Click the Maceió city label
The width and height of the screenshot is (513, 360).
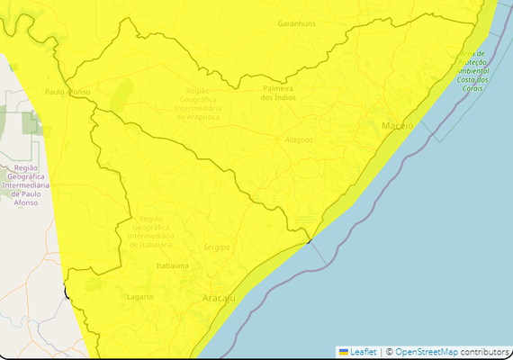point(397,125)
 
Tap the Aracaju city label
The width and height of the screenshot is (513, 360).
point(219,297)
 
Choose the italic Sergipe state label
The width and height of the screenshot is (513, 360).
point(217,246)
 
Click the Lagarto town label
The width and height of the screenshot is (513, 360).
point(139,296)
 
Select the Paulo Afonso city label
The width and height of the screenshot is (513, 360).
point(67,92)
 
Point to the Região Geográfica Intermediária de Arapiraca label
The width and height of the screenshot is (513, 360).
point(208,103)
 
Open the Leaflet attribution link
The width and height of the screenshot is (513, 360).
point(363,351)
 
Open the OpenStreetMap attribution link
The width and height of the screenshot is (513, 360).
point(427,351)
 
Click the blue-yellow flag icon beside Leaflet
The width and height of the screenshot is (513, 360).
point(343,351)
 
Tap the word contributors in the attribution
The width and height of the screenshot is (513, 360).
point(485,351)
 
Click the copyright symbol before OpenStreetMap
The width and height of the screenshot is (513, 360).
point(389,351)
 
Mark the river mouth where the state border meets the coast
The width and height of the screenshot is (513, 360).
point(308,239)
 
